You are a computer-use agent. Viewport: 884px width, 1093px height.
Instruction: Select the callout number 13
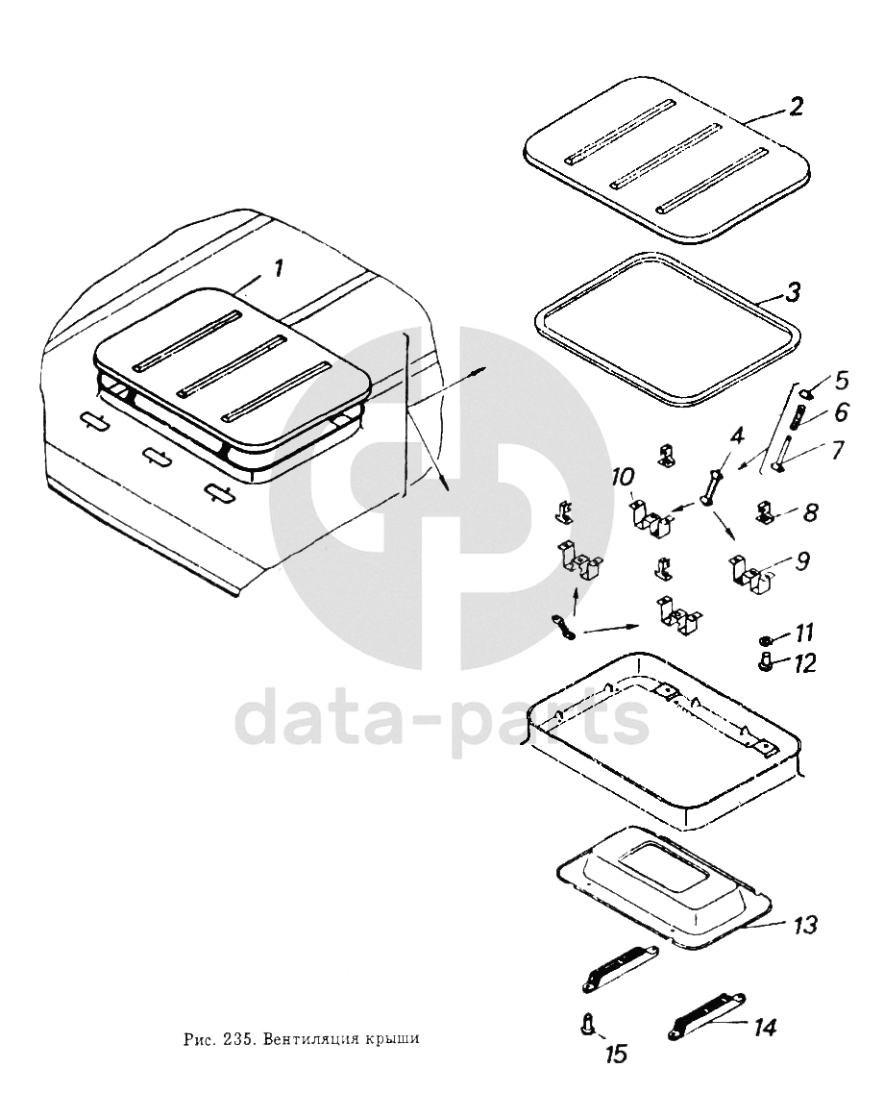[804, 926]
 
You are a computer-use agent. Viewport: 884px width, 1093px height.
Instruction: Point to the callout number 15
[617, 1054]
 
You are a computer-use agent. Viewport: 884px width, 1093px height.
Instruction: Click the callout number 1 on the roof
[279, 267]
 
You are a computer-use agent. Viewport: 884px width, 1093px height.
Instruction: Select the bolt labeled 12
[765, 662]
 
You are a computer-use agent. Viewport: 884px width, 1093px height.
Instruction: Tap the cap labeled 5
[805, 393]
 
